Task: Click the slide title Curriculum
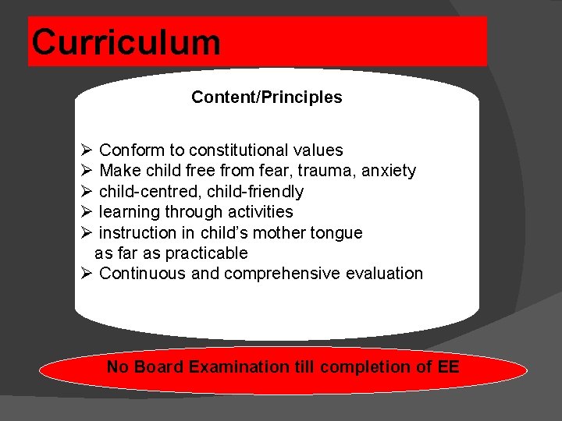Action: [126, 42]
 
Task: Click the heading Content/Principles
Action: [266, 97]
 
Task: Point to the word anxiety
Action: [387, 171]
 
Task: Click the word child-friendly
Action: [255, 192]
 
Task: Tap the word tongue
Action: [336, 233]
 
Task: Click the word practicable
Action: [208, 253]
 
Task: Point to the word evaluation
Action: [385, 274]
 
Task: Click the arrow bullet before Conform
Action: [87, 150]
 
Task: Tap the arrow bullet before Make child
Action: [87, 171]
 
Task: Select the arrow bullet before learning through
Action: [87, 212]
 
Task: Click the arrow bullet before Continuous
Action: [87, 274]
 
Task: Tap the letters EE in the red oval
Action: [449, 366]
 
